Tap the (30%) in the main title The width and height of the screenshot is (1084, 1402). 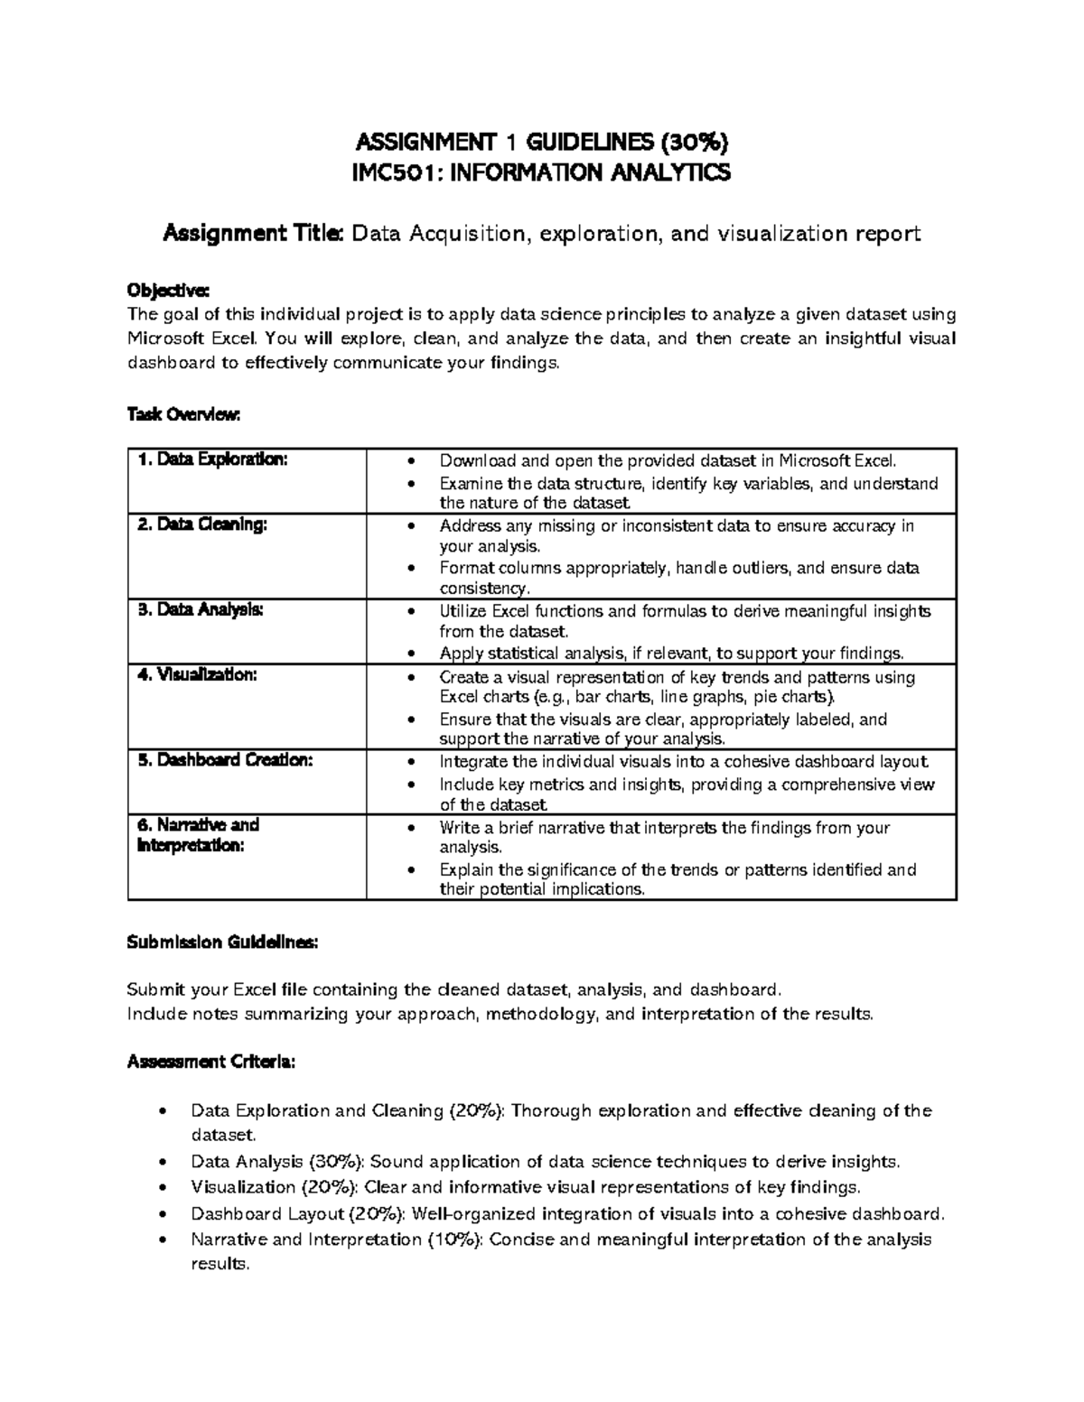click(x=695, y=142)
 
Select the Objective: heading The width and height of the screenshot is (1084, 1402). click(x=168, y=291)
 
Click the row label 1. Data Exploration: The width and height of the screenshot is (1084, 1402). click(x=212, y=460)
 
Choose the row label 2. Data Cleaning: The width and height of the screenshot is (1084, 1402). click(x=202, y=525)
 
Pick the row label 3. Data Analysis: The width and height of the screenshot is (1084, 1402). click(x=201, y=609)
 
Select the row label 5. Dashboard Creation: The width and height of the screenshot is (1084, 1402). click(x=225, y=760)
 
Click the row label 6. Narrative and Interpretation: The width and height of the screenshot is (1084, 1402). click(x=197, y=835)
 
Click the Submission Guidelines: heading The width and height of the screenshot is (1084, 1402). click(x=222, y=942)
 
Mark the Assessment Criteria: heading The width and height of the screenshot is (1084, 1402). click(x=210, y=1063)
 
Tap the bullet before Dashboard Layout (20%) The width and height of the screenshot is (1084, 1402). click(x=162, y=1214)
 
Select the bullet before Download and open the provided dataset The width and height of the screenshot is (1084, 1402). click(x=412, y=460)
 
